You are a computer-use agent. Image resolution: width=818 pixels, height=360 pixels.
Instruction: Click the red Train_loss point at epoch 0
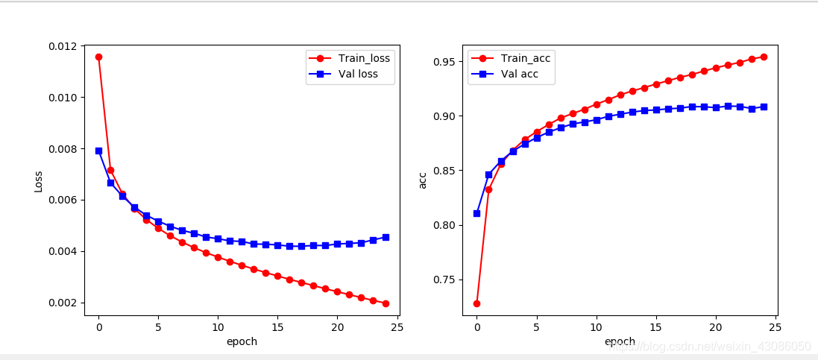[98, 57]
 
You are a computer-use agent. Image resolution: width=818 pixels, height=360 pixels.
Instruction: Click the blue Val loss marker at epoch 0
[98, 151]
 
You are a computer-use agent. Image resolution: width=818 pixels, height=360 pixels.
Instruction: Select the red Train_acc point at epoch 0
[476, 303]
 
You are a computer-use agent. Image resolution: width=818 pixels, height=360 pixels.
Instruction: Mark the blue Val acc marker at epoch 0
[476, 213]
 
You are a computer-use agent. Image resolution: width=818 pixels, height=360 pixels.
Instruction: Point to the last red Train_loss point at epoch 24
[385, 303]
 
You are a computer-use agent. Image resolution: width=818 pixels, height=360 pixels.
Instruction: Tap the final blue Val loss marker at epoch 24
[385, 237]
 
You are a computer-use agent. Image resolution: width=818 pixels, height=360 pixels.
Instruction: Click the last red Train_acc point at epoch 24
[764, 57]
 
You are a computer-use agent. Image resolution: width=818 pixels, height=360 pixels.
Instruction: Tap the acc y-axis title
[423, 180]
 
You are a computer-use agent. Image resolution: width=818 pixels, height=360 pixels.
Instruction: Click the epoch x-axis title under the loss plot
[242, 341]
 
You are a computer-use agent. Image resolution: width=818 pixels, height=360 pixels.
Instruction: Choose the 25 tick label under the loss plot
[397, 326]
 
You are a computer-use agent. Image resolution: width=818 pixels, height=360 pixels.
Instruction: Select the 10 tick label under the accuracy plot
[597, 326]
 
